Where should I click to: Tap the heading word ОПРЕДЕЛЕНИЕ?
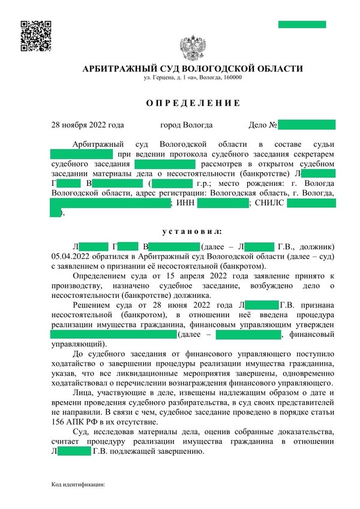(193, 103)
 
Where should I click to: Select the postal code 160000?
(232, 78)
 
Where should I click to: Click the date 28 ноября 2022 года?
(88, 125)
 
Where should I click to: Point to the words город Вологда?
(186, 125)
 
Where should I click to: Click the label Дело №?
(262, 125)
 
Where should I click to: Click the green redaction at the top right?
(302, 25)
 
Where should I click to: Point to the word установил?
(192, 231)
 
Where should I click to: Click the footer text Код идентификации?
(78, 483)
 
